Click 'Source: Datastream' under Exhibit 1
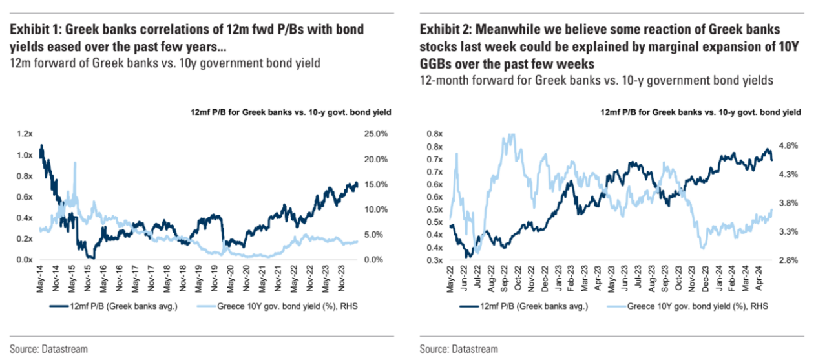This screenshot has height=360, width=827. coord(48,349)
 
